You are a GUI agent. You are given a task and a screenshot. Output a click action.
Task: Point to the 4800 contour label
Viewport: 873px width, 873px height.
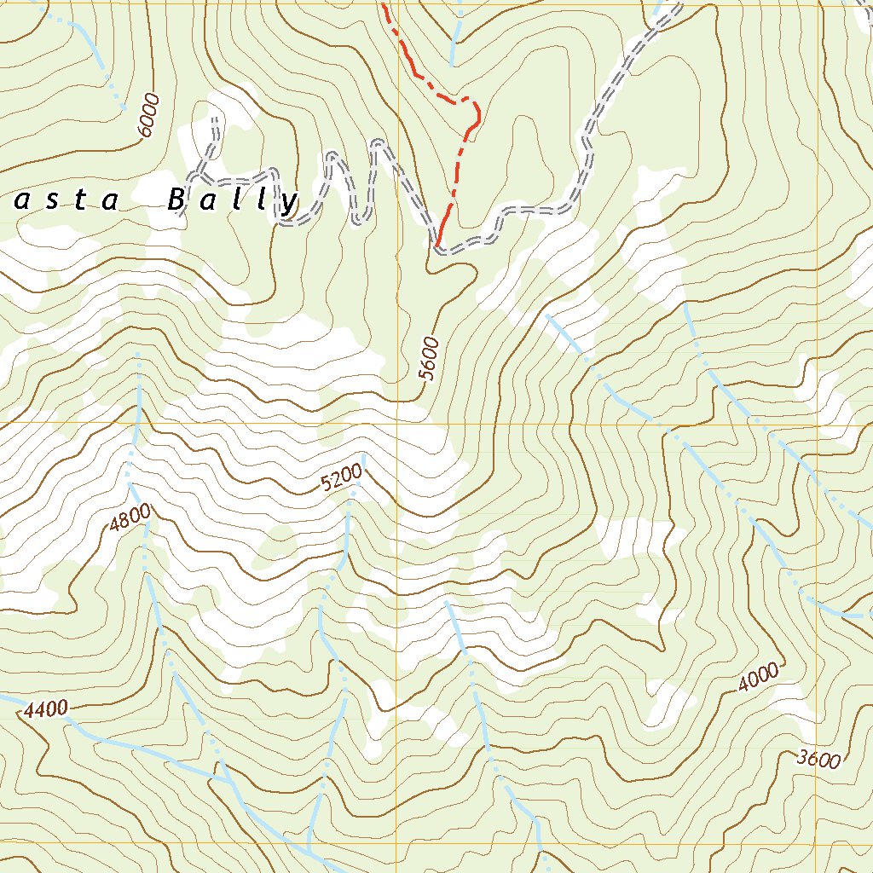click(130, 519)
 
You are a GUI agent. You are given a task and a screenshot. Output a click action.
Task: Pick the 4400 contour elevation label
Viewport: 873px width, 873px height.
click(46, 709)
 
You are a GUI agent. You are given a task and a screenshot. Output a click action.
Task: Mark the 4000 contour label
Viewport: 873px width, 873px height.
click(758, 678)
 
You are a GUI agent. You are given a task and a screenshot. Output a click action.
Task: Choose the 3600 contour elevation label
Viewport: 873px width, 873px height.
click(820, 759)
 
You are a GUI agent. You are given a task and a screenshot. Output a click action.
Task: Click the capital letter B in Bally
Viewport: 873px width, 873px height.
click(176, 200)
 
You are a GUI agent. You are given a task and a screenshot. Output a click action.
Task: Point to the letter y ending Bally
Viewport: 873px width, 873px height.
click(291, 203)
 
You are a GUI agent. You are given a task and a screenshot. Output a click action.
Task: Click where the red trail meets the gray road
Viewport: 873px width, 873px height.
click(437, 248)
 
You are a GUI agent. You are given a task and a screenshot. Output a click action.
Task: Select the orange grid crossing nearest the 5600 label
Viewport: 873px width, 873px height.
click(396, 424)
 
